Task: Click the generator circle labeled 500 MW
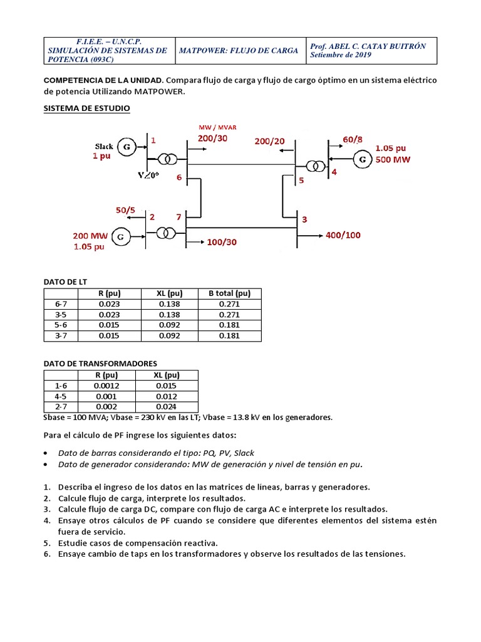[x=362, y=160]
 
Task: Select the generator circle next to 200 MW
[x=122, y=236]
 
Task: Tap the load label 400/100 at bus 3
[x=343, y=235]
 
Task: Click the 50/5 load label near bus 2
[x=125, y=209]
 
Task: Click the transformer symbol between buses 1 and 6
[x=166, y=159]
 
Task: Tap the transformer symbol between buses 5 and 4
[x=314, y=167]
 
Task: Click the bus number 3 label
[x=304, y=219]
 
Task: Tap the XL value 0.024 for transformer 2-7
[x=167, y=407]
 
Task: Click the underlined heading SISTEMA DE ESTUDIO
[x=86, y=108]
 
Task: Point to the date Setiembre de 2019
[x=341, y=55]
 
